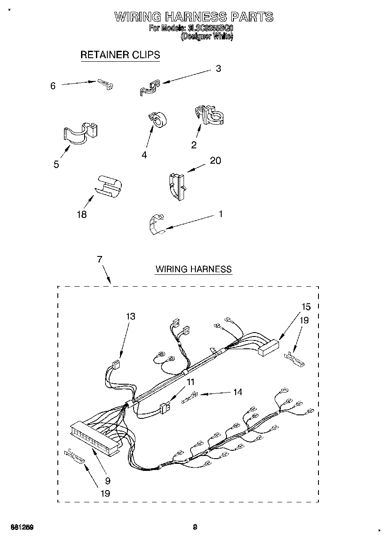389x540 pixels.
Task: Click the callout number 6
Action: pos(53,86)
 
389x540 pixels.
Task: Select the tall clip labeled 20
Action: pos(176,186)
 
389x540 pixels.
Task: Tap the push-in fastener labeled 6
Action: pos(106,84)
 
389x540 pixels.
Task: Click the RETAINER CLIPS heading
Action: pos(120,55)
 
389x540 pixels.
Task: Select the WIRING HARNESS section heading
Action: pos(193,269)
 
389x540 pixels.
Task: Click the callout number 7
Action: pos(99,259)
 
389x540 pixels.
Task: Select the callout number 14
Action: pos(237,392)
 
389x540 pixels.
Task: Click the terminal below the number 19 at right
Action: pos(294,358)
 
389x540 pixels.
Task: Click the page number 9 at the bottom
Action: pos(195,527)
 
